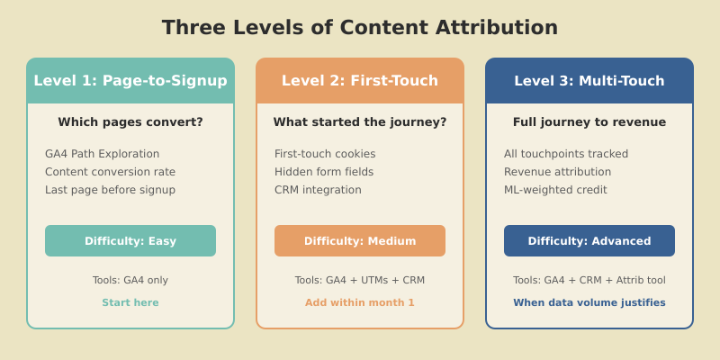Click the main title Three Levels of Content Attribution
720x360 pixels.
coord(360,28)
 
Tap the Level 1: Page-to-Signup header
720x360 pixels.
coord(130,81)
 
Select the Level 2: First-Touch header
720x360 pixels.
coord(360,81)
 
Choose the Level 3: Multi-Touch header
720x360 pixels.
coord(589,81)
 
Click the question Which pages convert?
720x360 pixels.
coord(130,122)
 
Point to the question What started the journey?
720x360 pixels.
coord(360,122)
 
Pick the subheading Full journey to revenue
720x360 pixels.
coord(589,122)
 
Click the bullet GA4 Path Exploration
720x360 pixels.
coord(102,154)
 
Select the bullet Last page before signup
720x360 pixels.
coord(110,190)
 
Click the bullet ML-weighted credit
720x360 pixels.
coord(555,190)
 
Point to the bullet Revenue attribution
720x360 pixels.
coord(557,172)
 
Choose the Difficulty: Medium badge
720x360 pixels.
coord(360,241)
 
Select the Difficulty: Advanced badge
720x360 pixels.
coord(589,241)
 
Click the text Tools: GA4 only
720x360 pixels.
coord(130,281)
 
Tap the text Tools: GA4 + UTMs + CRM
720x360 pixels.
coord(360,281)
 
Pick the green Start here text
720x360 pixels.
coord(130,303)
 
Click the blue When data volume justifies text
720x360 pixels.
coord(589,303)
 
